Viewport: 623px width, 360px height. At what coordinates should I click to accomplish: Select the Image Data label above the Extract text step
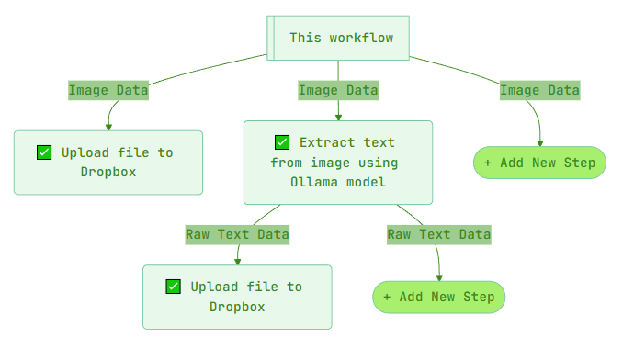tap(337, 90)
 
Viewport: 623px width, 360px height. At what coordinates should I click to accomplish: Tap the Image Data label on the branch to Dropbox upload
tap(108, 90)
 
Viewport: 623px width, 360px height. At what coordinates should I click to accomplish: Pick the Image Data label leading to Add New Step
tap(539, 90)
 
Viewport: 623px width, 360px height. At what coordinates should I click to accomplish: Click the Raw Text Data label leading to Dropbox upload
tap(237, 234)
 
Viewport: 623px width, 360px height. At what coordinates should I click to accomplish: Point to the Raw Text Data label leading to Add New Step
tap(438, 234)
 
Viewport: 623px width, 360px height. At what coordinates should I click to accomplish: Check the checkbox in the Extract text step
tap(282, 142)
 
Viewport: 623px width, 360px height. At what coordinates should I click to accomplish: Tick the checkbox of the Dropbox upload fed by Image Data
tap(44, 152)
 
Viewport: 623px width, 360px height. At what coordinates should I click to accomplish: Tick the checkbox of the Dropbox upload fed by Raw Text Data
tap(173, 287)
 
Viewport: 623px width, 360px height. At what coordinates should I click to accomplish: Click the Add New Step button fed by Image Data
tap(539, 163)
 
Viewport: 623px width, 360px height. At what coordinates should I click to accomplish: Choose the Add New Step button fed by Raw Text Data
tap(438, 297)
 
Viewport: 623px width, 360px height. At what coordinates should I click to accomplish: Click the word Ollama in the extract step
tap(313, 182)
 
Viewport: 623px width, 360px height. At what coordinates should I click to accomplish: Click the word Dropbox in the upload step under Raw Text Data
tap(237, 306)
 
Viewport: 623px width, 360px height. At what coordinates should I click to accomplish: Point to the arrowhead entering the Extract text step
tap(338, 117)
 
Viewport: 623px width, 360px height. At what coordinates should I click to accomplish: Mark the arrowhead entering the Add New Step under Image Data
tap(539, 142)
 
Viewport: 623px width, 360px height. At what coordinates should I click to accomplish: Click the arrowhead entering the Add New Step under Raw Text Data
tap(439, 276)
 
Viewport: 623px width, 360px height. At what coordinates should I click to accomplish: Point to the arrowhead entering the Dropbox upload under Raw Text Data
tap(237, 261)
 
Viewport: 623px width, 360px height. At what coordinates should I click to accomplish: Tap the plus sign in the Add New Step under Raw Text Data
tap(387, 297)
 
